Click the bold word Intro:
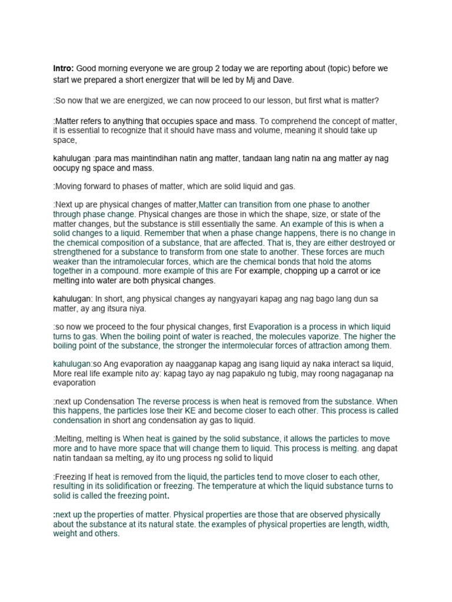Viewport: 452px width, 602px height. click(x=64, y=69)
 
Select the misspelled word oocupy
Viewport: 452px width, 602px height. click(x=68, y=169)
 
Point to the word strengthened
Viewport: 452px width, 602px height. click(x=81, y=252)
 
